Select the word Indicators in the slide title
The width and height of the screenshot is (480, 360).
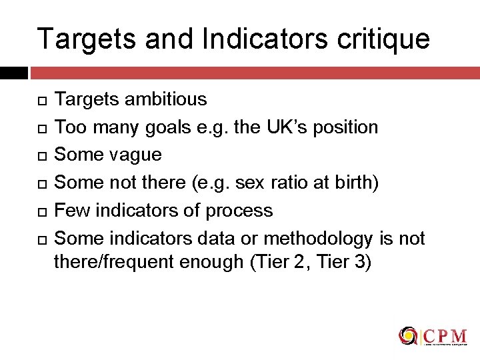(247, 39)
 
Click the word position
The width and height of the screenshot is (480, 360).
(345, 127)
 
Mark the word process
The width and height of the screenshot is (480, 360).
(239, 211)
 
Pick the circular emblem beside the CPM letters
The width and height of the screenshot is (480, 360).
(408, 335)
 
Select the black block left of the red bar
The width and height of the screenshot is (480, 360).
(13, 73)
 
